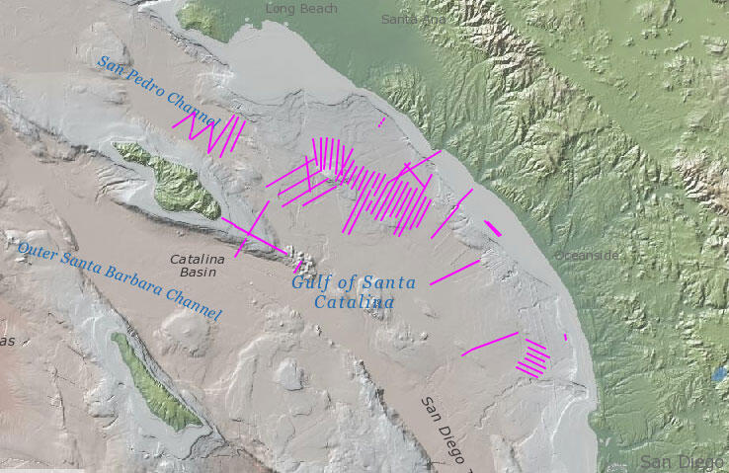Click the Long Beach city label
click(301, 9)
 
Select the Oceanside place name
click(588, 255)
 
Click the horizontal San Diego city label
click(683, 462)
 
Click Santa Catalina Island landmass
click(173, 179)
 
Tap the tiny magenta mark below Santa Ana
click(381, 122)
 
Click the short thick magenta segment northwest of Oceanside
click(493, 228)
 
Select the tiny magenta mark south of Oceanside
click(565, 337)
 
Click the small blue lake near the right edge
click(718, 375)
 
